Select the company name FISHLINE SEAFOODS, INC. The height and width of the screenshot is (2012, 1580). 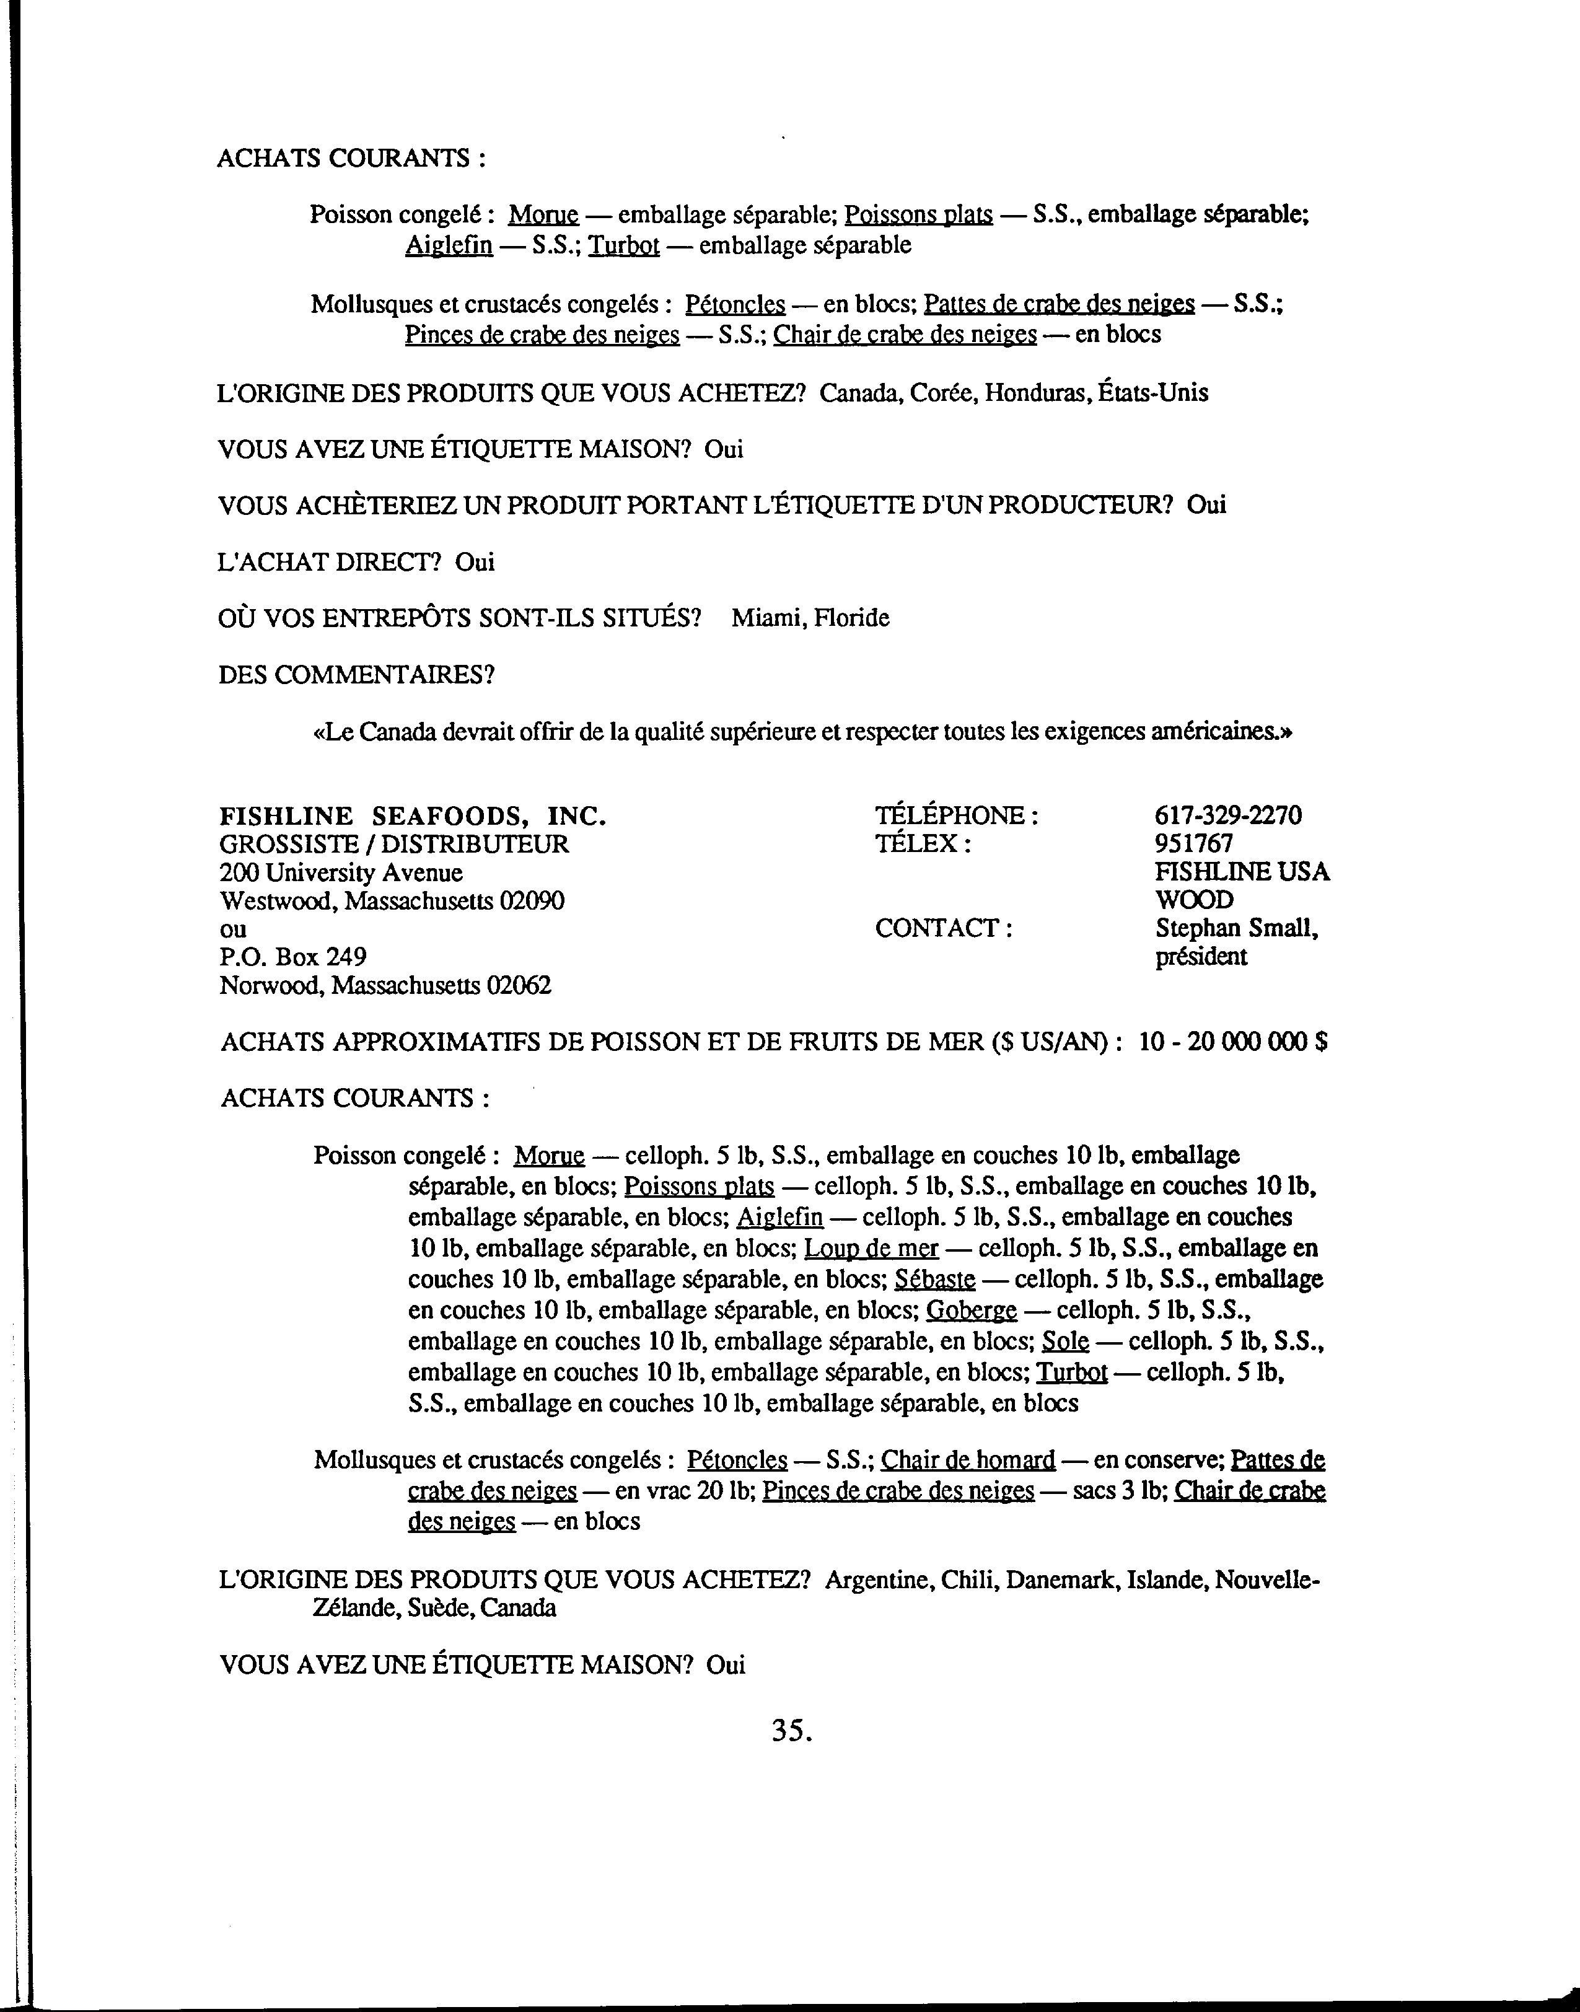(x=413, y=816)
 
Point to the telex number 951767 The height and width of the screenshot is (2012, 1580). (x=1193, y=844)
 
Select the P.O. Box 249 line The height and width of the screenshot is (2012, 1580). (x=292, y=957)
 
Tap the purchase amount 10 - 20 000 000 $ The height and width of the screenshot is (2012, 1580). (x=1233, y=1042)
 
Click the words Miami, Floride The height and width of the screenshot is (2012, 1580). (x=810, y=618)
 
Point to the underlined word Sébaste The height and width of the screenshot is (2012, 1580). (x=935, y=1280)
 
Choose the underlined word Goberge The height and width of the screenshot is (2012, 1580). (x=972, y=1310)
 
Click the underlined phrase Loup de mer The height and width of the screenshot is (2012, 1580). (x=871, y=1249)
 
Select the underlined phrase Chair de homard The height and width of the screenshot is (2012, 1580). (x=968, y=1460)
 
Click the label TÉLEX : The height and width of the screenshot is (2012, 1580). (x=922, y=844)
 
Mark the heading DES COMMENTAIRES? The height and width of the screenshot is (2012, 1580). (x=357, y=674)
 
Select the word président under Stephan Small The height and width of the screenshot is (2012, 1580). (x=1201, y=957)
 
